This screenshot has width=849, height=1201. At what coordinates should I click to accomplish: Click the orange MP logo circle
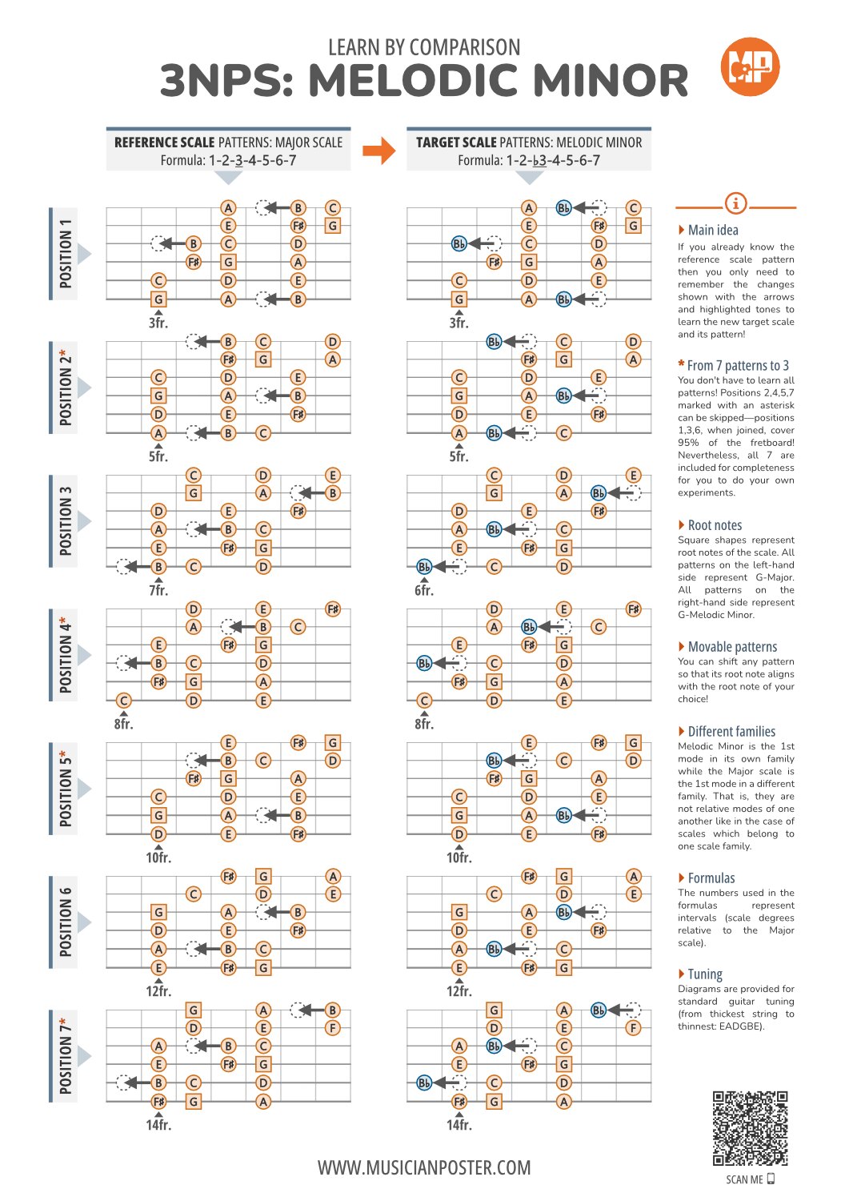749,66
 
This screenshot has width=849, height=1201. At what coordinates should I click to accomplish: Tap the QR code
750,1128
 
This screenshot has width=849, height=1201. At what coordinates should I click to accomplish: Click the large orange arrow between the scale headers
379,151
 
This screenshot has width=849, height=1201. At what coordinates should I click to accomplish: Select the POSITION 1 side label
65,253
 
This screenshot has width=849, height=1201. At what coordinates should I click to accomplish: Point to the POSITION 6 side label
65,922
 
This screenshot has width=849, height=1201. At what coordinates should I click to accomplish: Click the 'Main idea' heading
712,230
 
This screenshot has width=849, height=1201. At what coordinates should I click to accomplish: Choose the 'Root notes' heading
715,525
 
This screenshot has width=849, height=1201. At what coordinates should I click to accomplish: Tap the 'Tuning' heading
705,974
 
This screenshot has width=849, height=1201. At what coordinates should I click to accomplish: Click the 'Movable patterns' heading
732,647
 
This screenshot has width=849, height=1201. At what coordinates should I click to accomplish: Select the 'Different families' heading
731,731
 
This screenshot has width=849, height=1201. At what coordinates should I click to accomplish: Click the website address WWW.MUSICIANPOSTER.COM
424,1167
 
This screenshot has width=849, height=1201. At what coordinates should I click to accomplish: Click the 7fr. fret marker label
158,590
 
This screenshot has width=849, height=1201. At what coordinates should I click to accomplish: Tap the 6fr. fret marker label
424,590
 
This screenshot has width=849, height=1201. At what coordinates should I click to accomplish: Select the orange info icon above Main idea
735,203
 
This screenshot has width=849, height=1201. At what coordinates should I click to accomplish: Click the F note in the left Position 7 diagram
332,1028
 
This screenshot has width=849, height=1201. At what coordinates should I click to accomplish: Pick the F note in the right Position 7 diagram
633,1028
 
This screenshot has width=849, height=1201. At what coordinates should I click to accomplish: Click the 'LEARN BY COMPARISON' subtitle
424,47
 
